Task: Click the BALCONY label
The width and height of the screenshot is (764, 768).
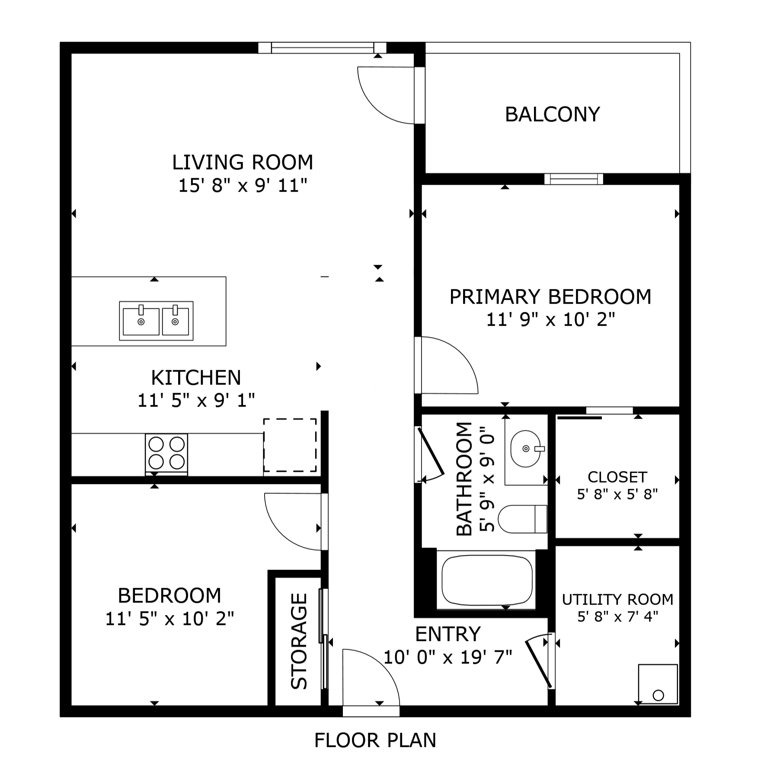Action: pos(552,115)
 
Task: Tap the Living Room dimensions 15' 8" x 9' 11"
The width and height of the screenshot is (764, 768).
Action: pos(243,186)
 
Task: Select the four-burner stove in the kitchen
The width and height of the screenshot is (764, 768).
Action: pos(166,453)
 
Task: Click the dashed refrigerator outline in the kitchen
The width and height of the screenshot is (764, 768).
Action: pos(290,445)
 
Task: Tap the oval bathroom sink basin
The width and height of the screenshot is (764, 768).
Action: pos(525,449)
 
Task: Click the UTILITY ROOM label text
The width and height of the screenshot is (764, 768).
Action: pos(617,599)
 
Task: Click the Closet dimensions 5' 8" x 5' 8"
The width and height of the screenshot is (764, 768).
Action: pos(617,494)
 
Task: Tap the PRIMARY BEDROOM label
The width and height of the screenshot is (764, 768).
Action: pos(550,297)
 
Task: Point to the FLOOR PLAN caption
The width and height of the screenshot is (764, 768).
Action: pos(375,740)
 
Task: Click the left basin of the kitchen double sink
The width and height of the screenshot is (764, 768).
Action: pos(141,322)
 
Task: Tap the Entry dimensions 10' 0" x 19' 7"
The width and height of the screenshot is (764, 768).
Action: pos(448,658)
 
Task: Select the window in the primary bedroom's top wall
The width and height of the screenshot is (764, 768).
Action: pos(573,179)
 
